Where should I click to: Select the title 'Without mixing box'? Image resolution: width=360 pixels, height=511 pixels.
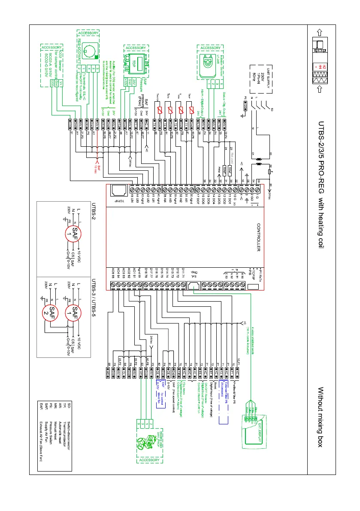[319, 416]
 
